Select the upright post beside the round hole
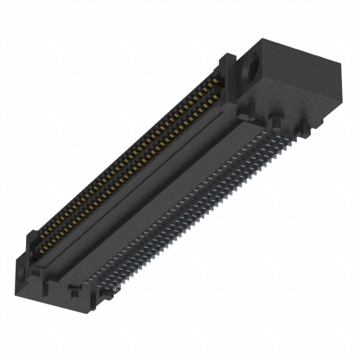point(229,67)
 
